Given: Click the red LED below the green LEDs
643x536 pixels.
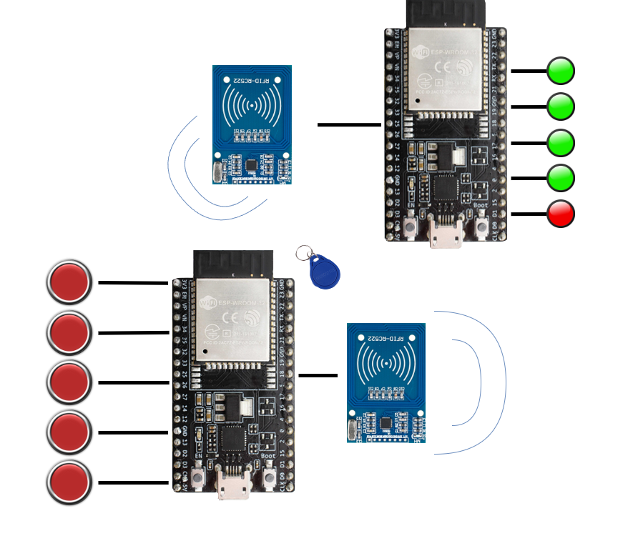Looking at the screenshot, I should pyautogui.click(x=561, y=214).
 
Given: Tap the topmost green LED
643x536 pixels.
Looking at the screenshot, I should pyautogui.click(x=561, y=71).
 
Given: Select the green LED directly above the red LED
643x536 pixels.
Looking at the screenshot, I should pyautogui.click(x=561, y=177).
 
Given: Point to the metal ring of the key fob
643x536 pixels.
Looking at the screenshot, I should pyautogui.click(x=304, y=252).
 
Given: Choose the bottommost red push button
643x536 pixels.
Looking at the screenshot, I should pyautogui.click(x=69, y=480).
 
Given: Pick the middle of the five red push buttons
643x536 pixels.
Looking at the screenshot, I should pyautogui.click(x=69, y=380).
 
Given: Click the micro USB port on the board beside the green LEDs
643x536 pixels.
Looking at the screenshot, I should pyautogui.click(x=445, y=235).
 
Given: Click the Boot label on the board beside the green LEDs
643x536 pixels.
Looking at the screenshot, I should pyautogui.click(x=481, y=205).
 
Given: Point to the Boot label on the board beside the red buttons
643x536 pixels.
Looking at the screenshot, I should pyautogui.click(x=268, y=456).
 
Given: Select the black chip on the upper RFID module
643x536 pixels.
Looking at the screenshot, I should pyautogui.click(x=252, y=165).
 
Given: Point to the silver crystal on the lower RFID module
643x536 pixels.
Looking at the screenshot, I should pyautogui.click(x=352, y=430).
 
